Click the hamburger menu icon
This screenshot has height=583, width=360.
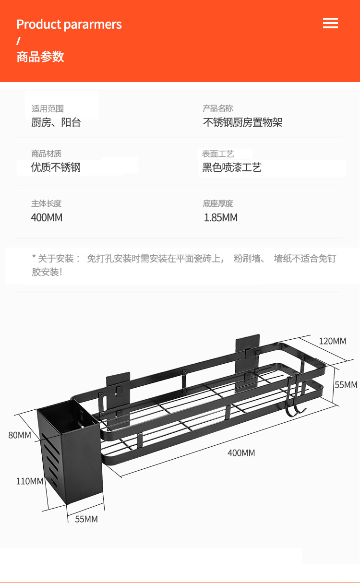[330, 23]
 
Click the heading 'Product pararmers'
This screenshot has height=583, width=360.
[69, 24]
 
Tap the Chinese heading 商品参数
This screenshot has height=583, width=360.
[40, 57]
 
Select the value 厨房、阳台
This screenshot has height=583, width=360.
[56, 122]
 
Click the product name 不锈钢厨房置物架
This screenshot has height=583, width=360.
[242, 122]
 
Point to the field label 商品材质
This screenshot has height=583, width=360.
[46, 154]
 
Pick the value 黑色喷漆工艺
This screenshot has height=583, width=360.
[231, 167]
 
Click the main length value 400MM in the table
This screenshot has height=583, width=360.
[47, 217]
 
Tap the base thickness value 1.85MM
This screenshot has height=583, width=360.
[221, 217]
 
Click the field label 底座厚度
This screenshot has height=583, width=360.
[217, 203]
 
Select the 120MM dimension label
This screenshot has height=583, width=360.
[332, 341]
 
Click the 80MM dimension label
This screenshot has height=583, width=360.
[20, 435]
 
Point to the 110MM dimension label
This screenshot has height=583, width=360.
[30, 481]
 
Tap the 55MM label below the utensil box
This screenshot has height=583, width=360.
[86, 519]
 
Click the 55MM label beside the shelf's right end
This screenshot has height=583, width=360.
[346, 385]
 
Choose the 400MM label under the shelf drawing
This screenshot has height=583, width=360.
[241, 453]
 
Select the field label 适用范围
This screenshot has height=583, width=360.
[48, 108]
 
